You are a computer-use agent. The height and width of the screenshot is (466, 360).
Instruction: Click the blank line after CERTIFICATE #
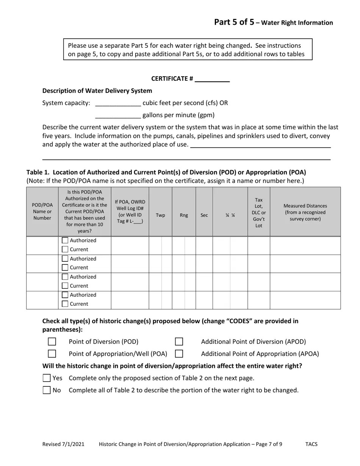pyautogui.click(x=212, y=79)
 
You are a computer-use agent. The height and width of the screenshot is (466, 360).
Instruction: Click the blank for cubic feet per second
pyautogui.click(x=118, y=103)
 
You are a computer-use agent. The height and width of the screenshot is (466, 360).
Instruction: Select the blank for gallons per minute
pyautogui.click(x=118, y=115)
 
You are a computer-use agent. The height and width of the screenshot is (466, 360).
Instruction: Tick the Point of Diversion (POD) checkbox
pyautogui.click(x=52, y=342)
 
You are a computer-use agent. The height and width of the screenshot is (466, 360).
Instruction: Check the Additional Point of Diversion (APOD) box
pyautogui.click(x=179, y=342)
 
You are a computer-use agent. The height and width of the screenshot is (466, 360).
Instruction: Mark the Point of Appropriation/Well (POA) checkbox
pyautogui.click(x=52, y=354)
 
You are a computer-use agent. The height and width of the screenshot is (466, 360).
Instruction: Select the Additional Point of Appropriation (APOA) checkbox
pyautogui.click(x=179, y=354)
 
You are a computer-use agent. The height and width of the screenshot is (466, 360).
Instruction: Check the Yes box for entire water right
pyautogui.click(x=47, y=378)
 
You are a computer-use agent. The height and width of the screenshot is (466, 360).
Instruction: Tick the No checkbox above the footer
pyautogui.click(x=47, y=390)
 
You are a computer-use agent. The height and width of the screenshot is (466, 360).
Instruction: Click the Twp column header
pyautogui.click(x=160, y=215)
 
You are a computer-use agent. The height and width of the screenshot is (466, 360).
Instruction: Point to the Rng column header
pyautogui.click(x=184, y=215)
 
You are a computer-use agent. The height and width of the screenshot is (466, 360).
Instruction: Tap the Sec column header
pyautogui.click(x=204, y=215)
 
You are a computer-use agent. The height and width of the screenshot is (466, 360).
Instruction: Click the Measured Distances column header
pyautogui.click(x=305, y=212)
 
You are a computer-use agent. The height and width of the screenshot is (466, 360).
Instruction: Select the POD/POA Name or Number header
pyautogui.click(x=42, y=211)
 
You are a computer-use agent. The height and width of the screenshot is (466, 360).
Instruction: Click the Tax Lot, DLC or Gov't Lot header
pyautogui.click(x=259, y=212)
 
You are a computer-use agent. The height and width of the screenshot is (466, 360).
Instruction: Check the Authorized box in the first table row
pyautogui.click(x=65, y=241)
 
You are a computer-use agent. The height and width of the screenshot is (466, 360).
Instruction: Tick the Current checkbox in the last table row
pyautogui.click(x=65, y=304)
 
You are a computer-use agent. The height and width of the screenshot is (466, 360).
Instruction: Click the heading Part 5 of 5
pyautogui.click(x=234, y=22)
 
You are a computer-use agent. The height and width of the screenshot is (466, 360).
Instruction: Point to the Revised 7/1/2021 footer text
pyautogui.click(x=63, y=444)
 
